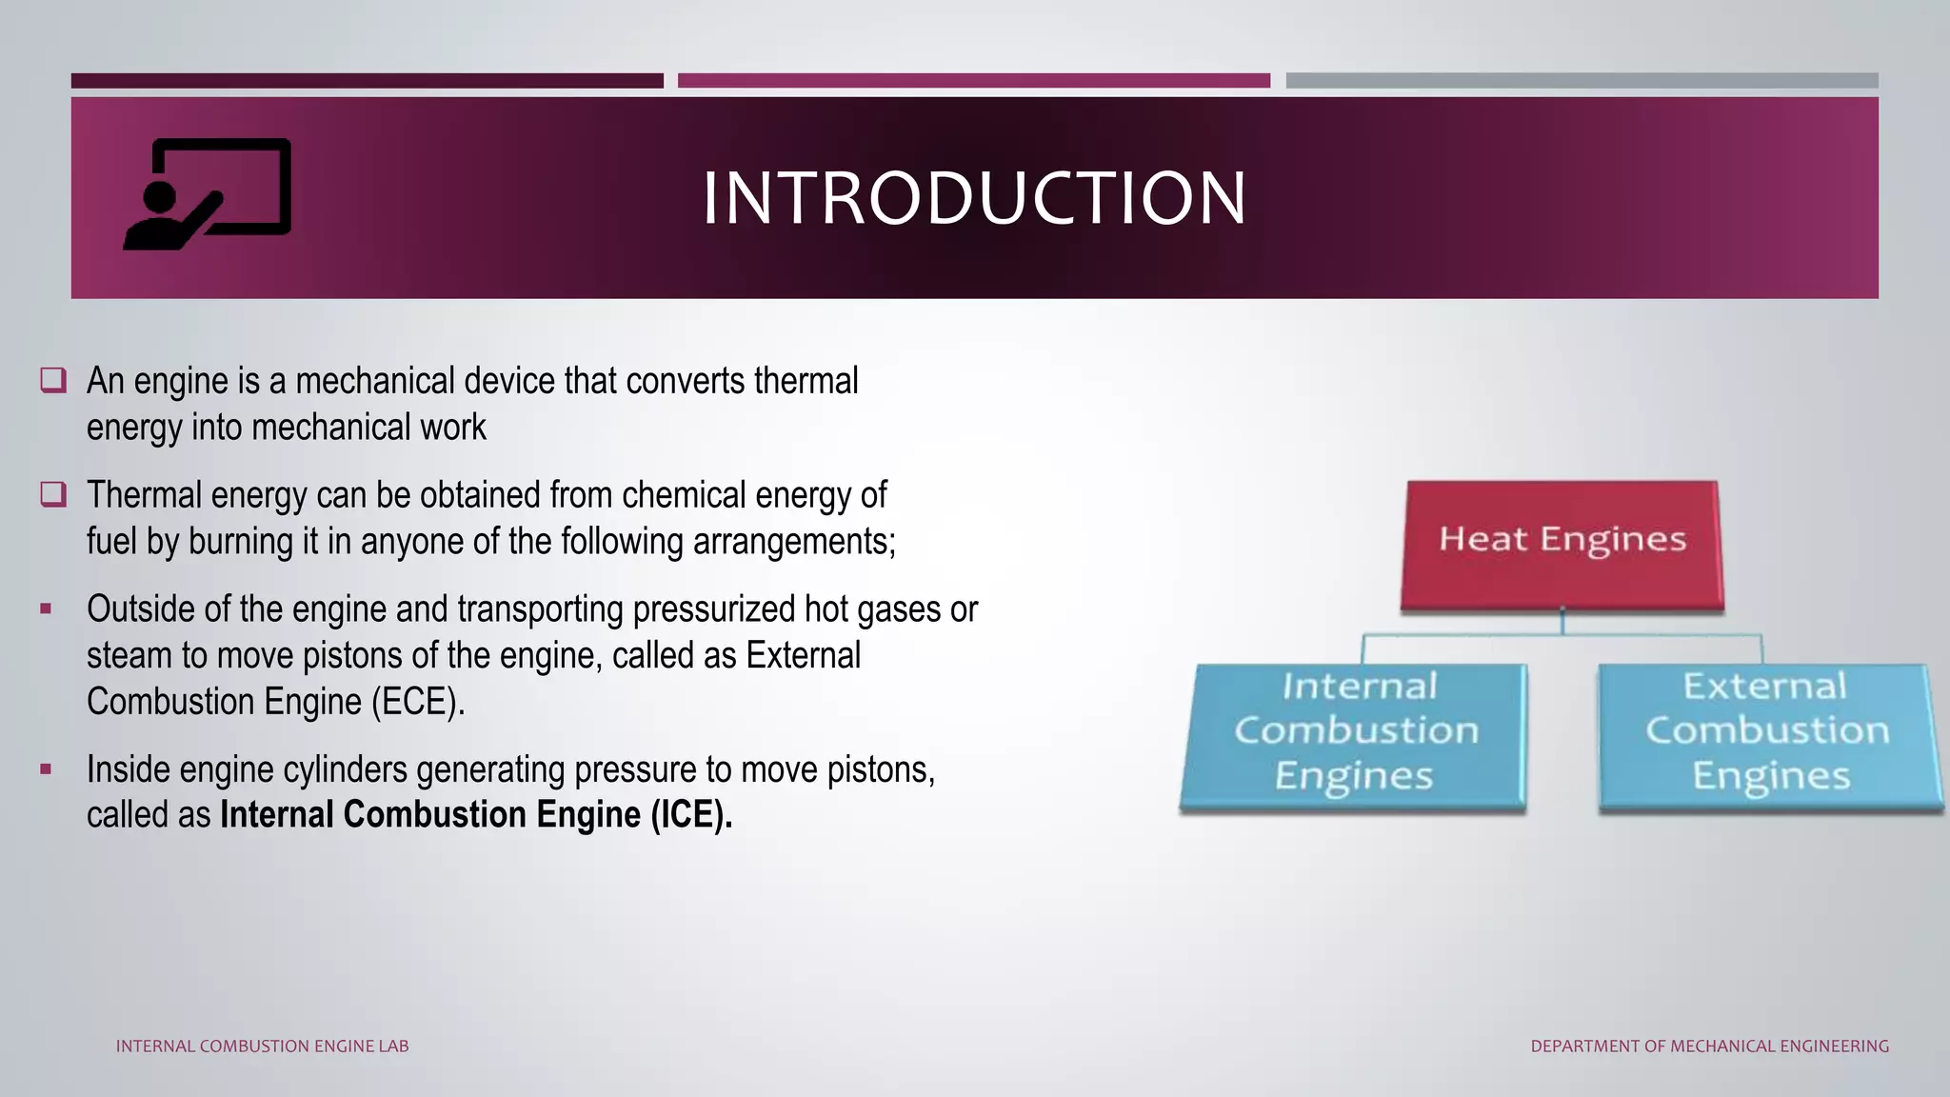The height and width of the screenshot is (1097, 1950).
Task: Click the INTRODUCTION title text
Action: click(974, 198)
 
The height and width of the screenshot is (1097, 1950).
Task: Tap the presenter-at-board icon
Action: click(209, 194)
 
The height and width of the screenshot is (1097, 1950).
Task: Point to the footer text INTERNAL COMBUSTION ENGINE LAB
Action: click(262, 1046)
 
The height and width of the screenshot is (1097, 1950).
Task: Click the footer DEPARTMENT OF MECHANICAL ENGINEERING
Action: click(1709, 1046)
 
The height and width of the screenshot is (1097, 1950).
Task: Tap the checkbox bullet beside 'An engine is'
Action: click(53, 381)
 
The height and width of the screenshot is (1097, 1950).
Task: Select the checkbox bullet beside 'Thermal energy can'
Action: click(53, 494)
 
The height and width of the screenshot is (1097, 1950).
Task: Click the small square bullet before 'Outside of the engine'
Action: click(46, 608)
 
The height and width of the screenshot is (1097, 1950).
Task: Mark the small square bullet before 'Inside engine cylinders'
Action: click(46, 768)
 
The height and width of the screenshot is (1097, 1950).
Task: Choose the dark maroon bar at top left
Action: click(367, 81)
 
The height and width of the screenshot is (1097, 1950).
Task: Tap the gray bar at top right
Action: click(1582, 81)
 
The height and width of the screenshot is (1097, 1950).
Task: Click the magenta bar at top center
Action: click(973, 81)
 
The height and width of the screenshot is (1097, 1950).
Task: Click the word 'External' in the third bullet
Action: click(803, 656)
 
